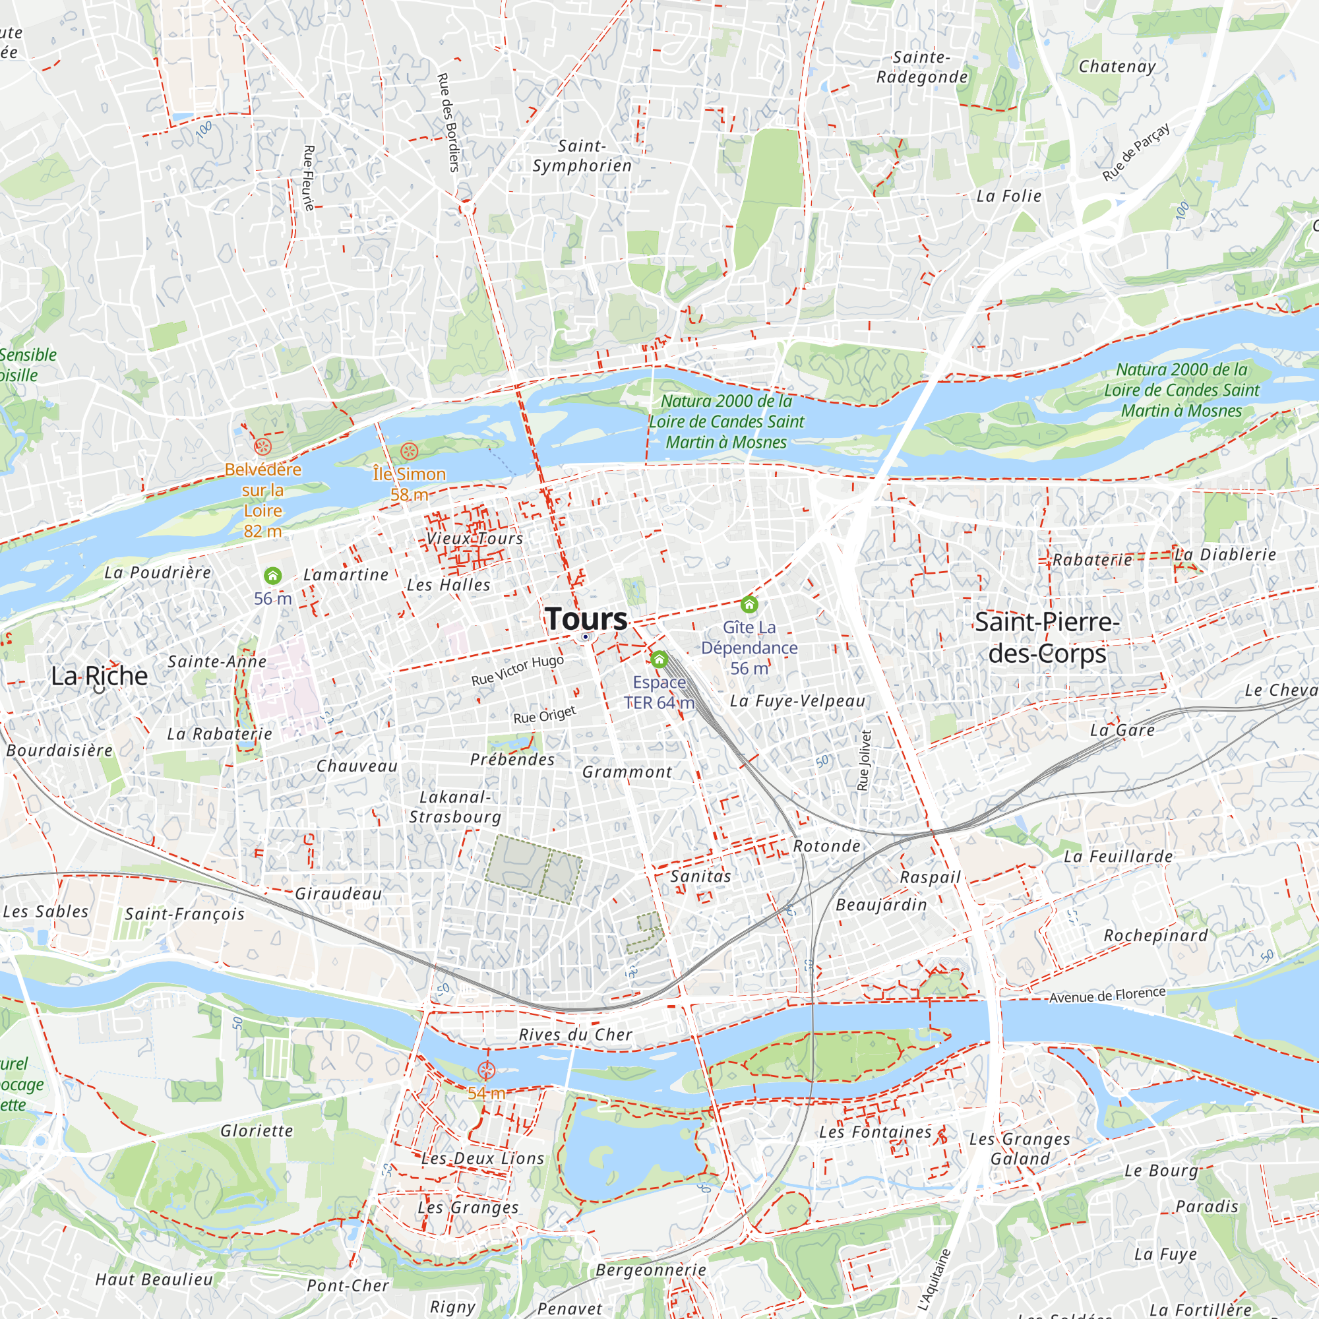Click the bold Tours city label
pos(586,619)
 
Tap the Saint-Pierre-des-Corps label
pos(1047,638)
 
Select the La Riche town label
pos(100,676)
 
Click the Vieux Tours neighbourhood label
pos(474,539)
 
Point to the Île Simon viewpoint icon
pos(409,450)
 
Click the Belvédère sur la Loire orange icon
pos(263,447)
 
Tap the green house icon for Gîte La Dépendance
pos(749,604)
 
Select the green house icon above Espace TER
pos(659,659)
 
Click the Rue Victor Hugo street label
pos(518,671)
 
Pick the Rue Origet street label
pos(545,715)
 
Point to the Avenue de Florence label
pos(1107,995)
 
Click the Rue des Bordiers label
pos(447,123)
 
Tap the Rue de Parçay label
pos(1136,152)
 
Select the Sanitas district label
pos(700,876)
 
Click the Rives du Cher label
pos(576,1034)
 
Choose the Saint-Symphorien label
pos(582,156)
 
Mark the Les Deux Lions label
pos(483,1159)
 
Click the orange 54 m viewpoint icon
pos(486,1070)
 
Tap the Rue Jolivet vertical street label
pos(865,760)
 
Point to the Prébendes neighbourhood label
pos(512,759)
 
